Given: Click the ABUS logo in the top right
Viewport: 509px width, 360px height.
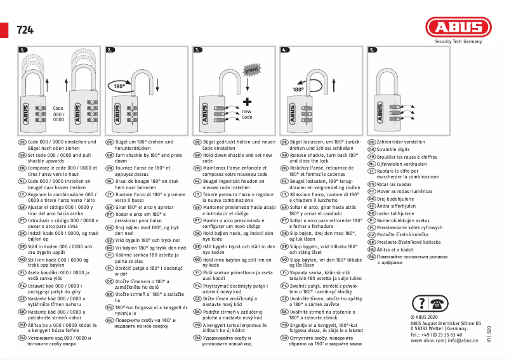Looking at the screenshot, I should [458, 27].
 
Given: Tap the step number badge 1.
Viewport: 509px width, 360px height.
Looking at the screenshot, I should [23, 49].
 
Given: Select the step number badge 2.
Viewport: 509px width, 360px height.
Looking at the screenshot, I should [110, 49].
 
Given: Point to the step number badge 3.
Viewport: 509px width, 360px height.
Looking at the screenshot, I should [197, 49].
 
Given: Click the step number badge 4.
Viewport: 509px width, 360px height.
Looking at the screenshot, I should [284, 49].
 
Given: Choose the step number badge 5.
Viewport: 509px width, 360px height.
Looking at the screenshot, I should [372, 49].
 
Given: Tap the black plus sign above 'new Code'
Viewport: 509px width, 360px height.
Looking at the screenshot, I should [247, 101].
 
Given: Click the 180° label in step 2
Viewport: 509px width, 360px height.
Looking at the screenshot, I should [120, 85].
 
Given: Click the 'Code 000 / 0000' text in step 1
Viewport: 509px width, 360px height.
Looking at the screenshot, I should [58, 114].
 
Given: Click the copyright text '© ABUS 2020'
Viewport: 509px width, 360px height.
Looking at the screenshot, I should [426, 317].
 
